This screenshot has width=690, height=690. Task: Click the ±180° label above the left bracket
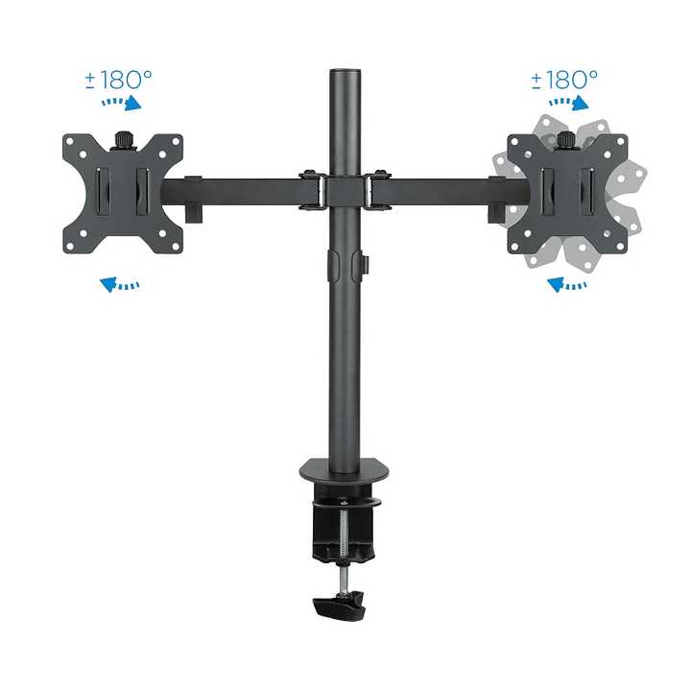[118, 79]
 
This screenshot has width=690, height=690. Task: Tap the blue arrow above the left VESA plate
[123, 103]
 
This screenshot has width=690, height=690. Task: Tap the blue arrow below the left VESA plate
[120, 283]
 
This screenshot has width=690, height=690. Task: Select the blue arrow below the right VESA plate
[566, 283]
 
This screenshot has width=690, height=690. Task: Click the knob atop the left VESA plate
[123, 140]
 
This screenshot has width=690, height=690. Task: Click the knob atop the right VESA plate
[566, 140]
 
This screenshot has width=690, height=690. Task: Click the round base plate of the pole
[344, 471]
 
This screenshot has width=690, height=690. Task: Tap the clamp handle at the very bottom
[339, 607]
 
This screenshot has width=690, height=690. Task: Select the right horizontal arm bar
[441, 190]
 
